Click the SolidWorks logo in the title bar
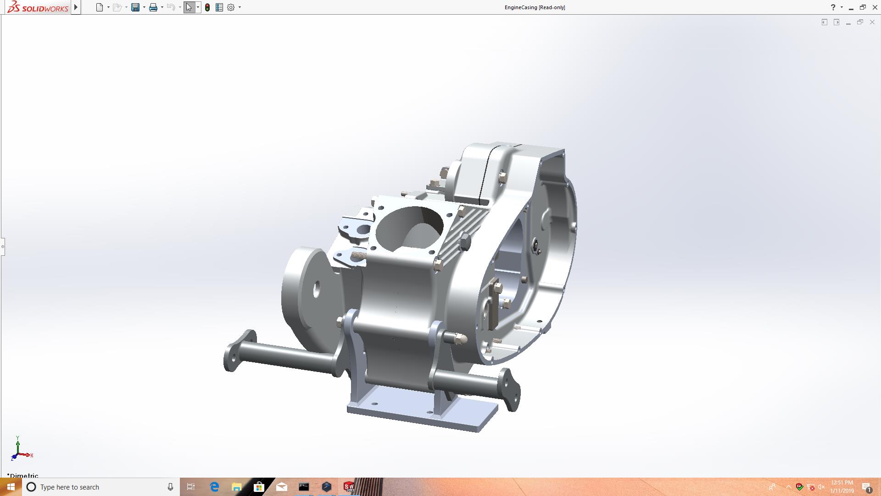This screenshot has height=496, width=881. tap(38, 7)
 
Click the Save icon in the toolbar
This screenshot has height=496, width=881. tap(135, 7)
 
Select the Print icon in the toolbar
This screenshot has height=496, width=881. tap(153, 7)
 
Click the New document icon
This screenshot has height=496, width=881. tap(100, 7)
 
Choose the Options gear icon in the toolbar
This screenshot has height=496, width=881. tap(231, 7)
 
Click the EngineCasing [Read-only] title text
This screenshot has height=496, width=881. tap(535, 7)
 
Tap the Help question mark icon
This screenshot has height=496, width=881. tap(833, 7)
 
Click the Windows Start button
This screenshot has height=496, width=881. tap(11, 487)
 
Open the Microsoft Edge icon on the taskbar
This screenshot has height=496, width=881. tap(214, 487)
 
